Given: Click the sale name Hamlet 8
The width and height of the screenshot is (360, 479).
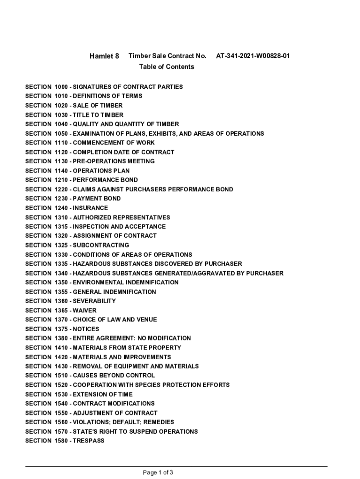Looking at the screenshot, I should tap(104, 56).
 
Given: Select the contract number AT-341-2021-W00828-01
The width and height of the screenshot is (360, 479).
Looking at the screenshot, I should tap(252, 56).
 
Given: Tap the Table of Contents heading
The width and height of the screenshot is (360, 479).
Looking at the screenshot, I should tap(166, 67).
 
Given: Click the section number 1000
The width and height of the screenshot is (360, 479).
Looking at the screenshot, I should tap(61, 87).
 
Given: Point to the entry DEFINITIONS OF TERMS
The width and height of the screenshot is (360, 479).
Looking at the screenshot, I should tap(108, 96).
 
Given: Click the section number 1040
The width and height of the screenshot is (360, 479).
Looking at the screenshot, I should tap(61, 124).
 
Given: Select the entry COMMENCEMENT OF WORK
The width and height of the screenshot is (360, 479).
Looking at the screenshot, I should tap(114, 143).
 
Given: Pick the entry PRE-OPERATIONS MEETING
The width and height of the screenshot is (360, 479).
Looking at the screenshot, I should tap(114, 161).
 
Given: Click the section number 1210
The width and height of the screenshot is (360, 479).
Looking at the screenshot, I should tap(61, 180).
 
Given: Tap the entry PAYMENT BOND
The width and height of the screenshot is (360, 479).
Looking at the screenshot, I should tap(96, 198).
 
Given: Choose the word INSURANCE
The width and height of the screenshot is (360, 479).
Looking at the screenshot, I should tap(90, 208).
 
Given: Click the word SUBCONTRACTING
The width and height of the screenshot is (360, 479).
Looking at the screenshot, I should tap(101, 245).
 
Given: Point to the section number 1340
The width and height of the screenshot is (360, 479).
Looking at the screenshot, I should tap(61, 273).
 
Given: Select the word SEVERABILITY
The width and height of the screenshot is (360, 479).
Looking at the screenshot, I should tap(94, 301).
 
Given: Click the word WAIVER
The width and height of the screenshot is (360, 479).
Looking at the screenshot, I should tap(85, 310).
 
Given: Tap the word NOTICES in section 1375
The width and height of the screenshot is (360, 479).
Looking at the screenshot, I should tap(86, 329).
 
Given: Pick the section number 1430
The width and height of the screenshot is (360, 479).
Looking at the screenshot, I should tap(61, 366).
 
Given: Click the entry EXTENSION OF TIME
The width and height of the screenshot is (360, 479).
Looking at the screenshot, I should tap(102, 394).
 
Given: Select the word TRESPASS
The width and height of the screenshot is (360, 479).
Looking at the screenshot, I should tap(88, 441).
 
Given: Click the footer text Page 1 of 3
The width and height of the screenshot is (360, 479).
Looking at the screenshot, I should tap(158, 472).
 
